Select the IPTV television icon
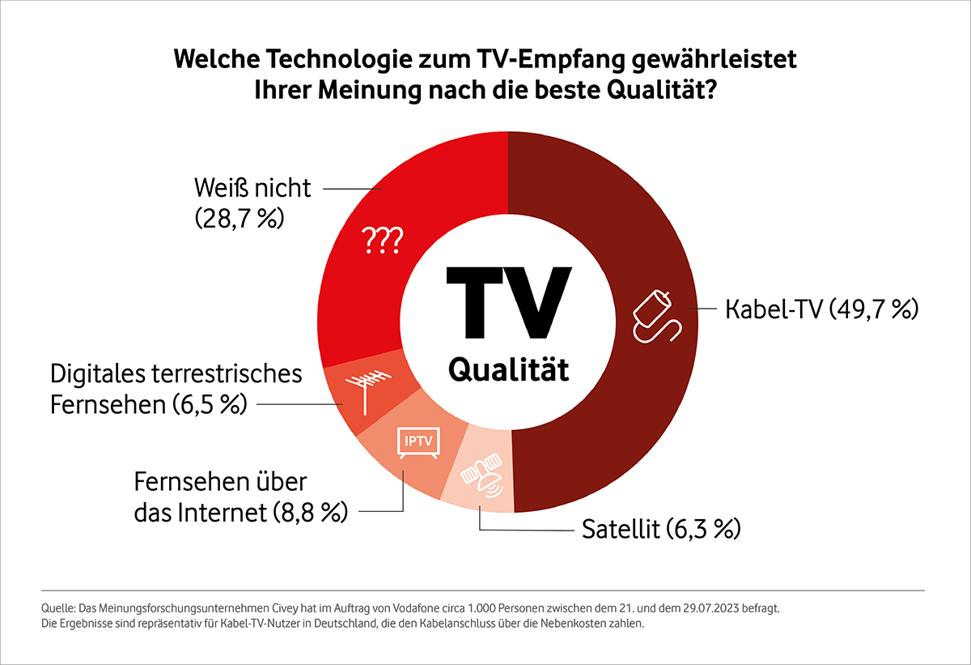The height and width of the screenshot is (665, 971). click(415, 443)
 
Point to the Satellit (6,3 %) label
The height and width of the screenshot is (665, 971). click(661, 531)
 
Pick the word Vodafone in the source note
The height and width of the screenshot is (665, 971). click(348, 607)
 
